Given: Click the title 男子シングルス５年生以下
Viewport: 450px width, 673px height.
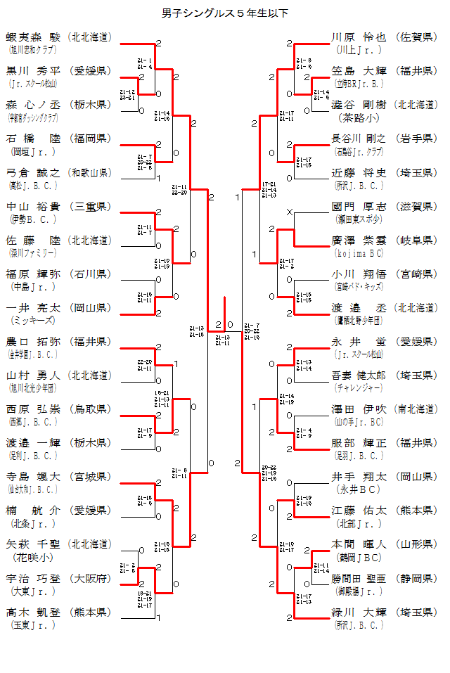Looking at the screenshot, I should pos(225,13).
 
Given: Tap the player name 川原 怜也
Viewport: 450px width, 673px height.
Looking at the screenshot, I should pos(359,37).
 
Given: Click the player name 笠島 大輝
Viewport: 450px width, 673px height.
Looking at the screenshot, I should pos(359,71).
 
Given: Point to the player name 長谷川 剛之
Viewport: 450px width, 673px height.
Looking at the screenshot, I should pos(359,139).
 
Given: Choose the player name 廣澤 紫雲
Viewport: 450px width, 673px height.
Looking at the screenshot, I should pos(359,241).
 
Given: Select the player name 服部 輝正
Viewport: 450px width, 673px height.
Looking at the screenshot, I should pos(359,443).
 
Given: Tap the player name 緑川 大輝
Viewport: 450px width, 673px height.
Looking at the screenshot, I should pos(359,612).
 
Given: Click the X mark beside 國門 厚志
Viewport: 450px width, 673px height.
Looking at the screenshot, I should pos(289,212).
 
